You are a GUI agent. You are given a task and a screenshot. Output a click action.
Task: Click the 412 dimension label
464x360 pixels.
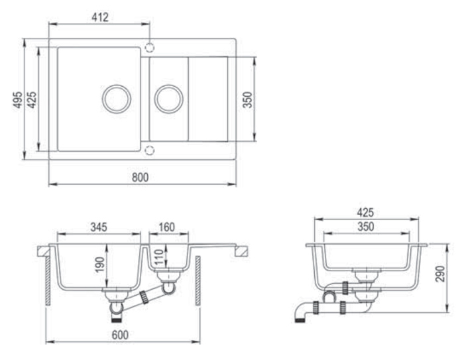click(x=100, y=17)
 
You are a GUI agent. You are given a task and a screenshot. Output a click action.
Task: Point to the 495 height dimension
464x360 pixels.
click(x=18, y=99)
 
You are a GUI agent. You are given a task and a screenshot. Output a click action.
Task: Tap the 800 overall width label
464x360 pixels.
click(x=140, y=177)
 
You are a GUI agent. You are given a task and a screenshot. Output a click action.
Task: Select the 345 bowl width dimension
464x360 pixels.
click(x=99, y=227)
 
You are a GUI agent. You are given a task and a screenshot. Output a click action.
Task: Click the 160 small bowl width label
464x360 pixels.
click(x=166, y=227)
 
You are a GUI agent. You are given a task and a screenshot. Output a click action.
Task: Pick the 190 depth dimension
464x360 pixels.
click(x=99, y=265)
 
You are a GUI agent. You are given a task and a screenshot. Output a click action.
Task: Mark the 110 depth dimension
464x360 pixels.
click(x=158, y=257)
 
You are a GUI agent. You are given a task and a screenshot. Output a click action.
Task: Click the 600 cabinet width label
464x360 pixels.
click(x=120, y=335)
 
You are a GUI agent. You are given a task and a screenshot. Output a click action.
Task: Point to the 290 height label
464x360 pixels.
click(x=440, y=274)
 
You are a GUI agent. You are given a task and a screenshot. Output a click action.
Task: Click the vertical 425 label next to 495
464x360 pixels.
click(x=32, y=99)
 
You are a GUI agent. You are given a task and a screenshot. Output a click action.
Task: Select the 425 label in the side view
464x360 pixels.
click(x=365, y=212)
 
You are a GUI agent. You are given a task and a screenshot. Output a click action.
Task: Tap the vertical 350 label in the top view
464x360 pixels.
click(x=247, y=99)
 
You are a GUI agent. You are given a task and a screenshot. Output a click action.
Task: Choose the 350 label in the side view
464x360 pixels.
click(x=366, y=227)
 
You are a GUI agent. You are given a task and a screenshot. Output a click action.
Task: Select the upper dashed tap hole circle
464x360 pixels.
click(x=150, y=43)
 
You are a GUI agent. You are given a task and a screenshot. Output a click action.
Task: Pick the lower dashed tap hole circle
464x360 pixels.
click(x=150, y=147)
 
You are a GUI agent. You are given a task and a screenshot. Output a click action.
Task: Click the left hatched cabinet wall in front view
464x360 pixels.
click(x=48, y=280)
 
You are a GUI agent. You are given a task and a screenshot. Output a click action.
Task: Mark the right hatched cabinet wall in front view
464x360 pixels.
click(x=198, y=280)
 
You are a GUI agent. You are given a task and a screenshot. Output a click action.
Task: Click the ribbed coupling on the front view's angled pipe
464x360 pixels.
click(x=144, y=297)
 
